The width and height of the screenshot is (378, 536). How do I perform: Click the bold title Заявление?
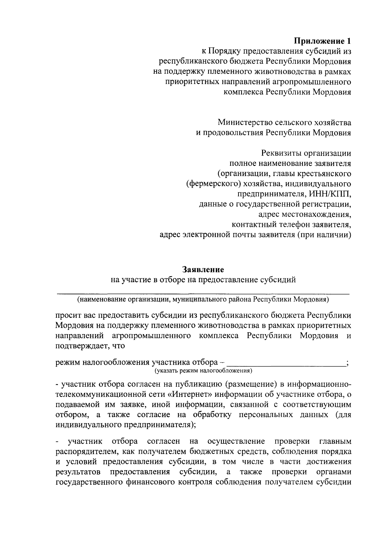203,270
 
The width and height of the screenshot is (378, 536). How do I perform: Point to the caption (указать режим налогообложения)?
203,371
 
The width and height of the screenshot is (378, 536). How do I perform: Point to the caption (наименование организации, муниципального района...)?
203,299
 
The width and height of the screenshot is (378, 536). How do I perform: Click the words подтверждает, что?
90,346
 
